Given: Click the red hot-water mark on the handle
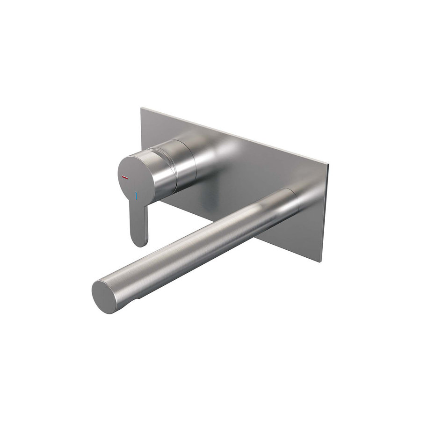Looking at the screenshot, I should coord(125,178).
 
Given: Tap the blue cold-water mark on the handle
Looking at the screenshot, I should coord(136,196).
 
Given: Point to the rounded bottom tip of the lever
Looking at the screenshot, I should coord(140,242).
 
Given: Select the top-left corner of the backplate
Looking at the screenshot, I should coord(141,109).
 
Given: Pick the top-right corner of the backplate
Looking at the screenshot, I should coord(328,165).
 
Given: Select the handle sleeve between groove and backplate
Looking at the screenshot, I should coord(187,161).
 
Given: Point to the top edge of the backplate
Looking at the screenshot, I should coord(234,136).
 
